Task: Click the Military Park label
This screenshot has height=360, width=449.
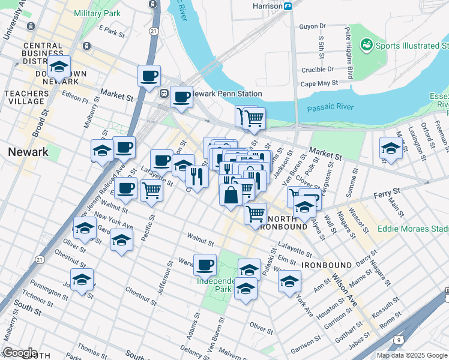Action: pos(97,13)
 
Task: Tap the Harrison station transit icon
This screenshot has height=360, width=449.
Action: pos(288,6)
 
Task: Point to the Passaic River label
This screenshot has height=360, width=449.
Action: pos(330,108)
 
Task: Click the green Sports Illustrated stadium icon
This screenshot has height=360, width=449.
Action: pos(365,45)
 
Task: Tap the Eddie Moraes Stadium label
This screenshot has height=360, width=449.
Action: pos(413,229)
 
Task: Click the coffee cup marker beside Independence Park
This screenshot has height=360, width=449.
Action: pos(205,264)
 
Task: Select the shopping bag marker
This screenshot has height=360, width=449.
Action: pos(231,195)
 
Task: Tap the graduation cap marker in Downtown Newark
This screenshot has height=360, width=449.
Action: pos(59,66)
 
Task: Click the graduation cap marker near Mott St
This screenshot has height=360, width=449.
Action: pos(391,148)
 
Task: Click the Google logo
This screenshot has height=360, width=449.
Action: pos(20,353)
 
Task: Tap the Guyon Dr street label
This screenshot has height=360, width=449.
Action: pos(312,26)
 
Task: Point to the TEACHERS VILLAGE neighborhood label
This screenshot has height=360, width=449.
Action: pos(26,98)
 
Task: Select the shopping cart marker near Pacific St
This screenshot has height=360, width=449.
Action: pos(151,191)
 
